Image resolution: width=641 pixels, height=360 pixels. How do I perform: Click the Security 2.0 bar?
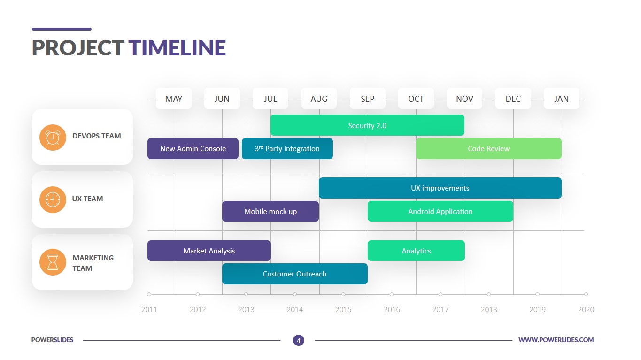pyautogui.click(x=367, y=125)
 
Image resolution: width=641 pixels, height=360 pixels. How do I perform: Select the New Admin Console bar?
pyautogui.click(x=193, y=149)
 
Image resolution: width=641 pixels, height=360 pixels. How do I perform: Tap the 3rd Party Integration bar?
pyautogui.click(x=287, y=149)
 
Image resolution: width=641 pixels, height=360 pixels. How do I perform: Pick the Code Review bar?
pyautogui.click(x=489, y=149)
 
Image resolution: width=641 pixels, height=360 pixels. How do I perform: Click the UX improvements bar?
pyautogui.click(x=440, y=188)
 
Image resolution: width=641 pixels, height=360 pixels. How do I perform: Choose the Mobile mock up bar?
pyautogui.click(x=270, y=211)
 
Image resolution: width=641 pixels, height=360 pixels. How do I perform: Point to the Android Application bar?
pyautogui.click(x=440, y=211)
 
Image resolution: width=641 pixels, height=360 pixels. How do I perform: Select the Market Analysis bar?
pyautogui.click(x=209, y=251)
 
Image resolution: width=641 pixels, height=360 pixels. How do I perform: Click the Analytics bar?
pyautogui.click(x=417, y=251)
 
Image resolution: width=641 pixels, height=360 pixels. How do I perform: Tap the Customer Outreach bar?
pyautogui.click(x=295, y=274)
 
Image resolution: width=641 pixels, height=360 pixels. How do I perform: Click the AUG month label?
pyautogui.click(x=319, y=99)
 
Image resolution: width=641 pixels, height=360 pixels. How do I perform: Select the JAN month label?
pyautogui.click(x=562, y=99)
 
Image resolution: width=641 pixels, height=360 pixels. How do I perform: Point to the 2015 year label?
pyautogui.click(x=343, y=310)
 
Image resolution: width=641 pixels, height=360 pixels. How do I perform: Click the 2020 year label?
pyautogui.click(x=586, y=310)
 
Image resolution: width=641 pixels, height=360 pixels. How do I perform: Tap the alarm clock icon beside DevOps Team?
pyautogui.click(x=53, y=138)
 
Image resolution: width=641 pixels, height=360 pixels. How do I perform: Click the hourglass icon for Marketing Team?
pyautogui.click(x=53, y=262)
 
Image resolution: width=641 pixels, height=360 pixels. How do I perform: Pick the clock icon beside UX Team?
pyautogui.click(x=53, y=199)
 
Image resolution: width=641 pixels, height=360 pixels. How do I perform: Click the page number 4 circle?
pyautogui.click(x=299, y=340)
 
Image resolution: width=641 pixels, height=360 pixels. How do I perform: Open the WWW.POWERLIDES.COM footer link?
pyautogui.click(x=556, y=340)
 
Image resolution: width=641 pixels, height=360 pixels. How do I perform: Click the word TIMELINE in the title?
pyautogui.click(x=177, y=47)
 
